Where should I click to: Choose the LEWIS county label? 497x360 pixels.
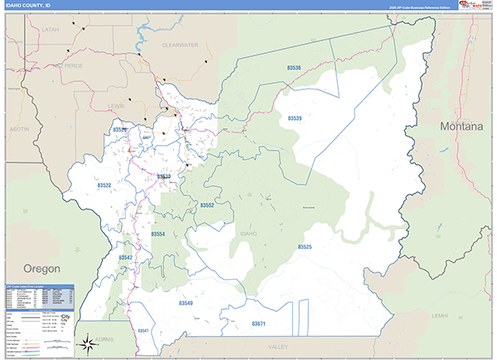click(x=117, y=106)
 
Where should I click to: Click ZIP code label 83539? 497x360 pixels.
click(x=295, y=119)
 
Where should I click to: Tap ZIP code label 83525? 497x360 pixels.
click(x=305, y=247)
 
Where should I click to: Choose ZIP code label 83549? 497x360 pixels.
click(x=186, y=304)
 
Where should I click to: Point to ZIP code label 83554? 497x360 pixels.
click(x=157, y=234)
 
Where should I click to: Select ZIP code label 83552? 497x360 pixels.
click(x=207, y=204)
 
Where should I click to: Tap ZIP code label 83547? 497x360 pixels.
click(x=144, y=330)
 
